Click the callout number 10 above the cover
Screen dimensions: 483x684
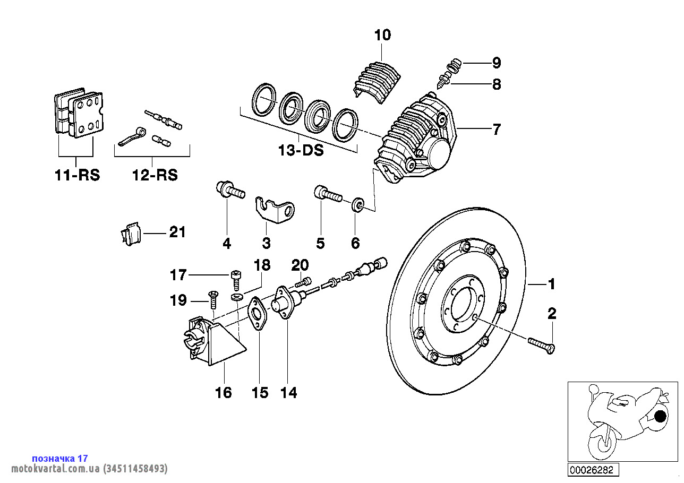click(x=382, y=36)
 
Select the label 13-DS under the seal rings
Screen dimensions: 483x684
click(x=301, y=150)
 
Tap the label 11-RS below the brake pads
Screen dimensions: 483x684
click(x=77, y=175)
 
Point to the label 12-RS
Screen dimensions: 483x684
click(x=155, y=175)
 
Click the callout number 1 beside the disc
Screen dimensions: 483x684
click(x=551, y=284)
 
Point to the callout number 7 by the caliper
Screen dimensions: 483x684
click(x=497, y=129)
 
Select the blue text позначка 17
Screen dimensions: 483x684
click(x=60, y=458)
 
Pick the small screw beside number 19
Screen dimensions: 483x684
click(x=213, y=299)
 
